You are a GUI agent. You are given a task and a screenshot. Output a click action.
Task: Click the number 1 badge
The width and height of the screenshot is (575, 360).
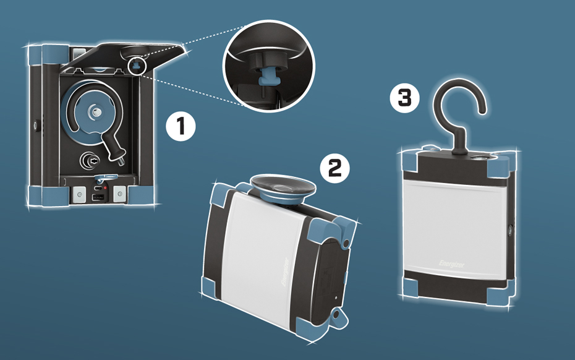(x=181, y=127)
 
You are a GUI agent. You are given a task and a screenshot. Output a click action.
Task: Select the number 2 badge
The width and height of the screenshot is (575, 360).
(x=334, y=168)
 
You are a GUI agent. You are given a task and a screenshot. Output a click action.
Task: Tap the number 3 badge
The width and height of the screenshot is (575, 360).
(x=405, y=98)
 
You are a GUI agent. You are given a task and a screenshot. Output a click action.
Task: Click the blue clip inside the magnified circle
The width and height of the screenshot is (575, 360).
(x=268, y=80)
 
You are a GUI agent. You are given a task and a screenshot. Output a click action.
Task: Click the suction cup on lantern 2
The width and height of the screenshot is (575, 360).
(x=283, y=188)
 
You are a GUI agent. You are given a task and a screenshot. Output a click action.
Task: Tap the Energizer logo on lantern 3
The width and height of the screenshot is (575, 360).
(x=451, y=264)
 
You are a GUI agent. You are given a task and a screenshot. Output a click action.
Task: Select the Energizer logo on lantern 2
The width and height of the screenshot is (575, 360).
(x=286, y=272)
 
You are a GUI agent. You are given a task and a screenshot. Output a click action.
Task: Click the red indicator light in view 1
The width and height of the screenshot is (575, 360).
(x=105, y=188)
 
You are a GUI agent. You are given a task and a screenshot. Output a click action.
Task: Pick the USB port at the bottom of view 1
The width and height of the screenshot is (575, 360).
(x=98, y=197)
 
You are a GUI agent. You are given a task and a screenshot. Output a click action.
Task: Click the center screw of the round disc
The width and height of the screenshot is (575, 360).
(x=96, y=111)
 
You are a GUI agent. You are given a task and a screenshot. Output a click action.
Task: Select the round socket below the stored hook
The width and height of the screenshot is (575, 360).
(x=90, y=160)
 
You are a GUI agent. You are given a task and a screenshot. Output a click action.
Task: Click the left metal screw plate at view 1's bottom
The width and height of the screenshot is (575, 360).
(x=79, y=194)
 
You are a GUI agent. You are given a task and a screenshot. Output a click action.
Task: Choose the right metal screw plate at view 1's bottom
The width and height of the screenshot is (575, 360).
(x=119, y=194)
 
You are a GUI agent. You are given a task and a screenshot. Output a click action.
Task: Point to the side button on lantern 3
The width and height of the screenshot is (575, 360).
(x=510, y=231)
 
